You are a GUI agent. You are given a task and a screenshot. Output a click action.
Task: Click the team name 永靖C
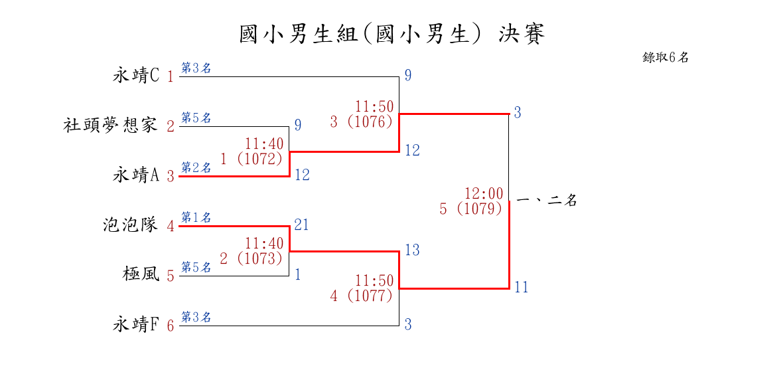136,76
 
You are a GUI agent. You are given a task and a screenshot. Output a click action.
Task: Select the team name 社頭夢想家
110,125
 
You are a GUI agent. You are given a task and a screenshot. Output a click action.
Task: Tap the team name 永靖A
136,175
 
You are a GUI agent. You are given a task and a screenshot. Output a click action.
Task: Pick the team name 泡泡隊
130,225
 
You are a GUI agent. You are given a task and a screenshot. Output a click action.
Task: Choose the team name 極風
141,274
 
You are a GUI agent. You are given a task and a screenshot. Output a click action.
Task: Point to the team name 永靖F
136,325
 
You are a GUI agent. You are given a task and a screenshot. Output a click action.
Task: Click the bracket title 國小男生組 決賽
391,35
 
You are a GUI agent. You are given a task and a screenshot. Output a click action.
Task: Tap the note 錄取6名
666,58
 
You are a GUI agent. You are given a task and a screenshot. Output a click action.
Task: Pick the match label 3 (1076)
362,122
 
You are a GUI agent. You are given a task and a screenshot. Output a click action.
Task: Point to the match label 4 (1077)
362,296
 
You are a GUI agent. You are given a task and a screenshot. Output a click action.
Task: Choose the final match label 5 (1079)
471,209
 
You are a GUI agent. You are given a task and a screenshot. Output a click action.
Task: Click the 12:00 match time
484,194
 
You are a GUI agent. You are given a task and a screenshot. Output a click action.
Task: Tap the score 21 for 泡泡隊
301,225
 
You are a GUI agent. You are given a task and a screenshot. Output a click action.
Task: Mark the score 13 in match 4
412,250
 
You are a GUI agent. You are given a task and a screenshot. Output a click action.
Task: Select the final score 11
522,288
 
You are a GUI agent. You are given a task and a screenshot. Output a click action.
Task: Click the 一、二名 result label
546,201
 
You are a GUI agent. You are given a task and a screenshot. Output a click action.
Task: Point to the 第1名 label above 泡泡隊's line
196,217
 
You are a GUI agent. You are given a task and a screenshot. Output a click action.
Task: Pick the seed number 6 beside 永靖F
171,326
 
